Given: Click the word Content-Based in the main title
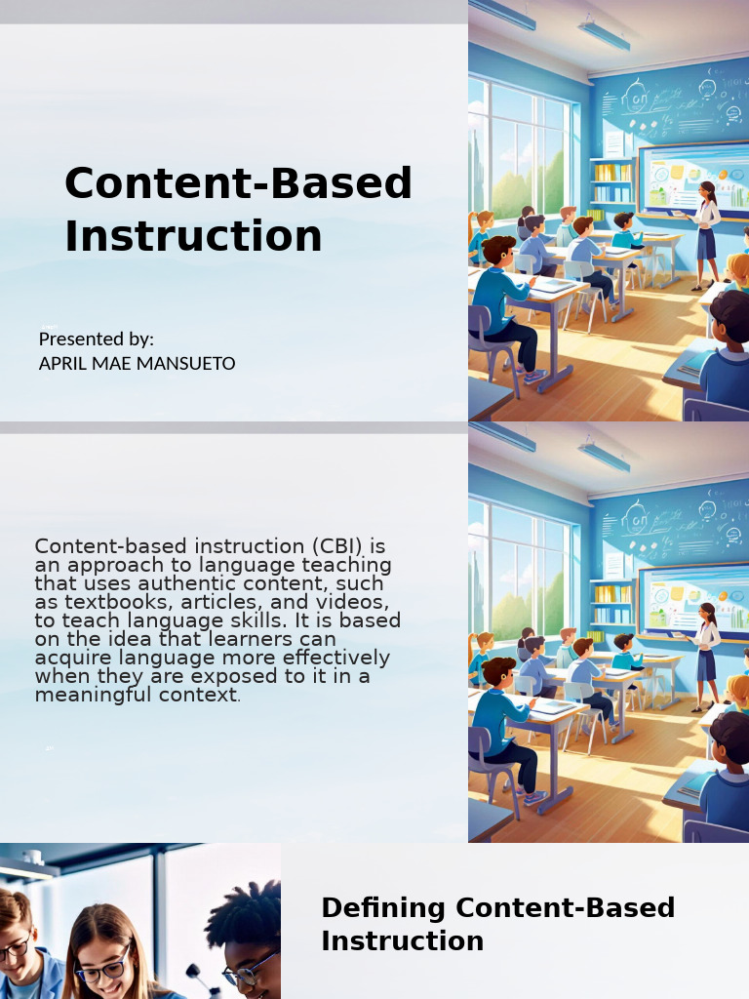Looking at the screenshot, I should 238,183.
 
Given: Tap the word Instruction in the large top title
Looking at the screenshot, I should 193,236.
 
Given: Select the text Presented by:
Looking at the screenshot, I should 97,340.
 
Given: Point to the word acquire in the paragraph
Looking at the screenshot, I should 70,659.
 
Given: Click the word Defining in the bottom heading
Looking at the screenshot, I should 383,907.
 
